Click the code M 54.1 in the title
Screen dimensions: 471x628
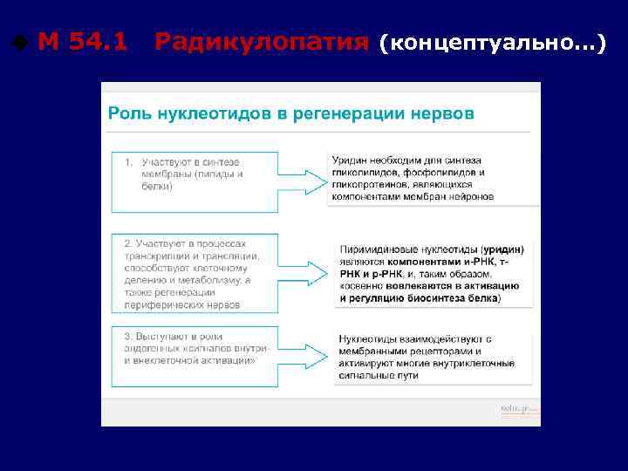[83, 40]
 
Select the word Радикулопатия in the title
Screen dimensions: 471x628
[261, 40]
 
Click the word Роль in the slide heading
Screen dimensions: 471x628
[125, 113]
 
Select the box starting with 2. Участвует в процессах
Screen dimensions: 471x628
[195, 272]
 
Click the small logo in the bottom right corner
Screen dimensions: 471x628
[519, 408]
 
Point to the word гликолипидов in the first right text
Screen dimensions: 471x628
[361, 173]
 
